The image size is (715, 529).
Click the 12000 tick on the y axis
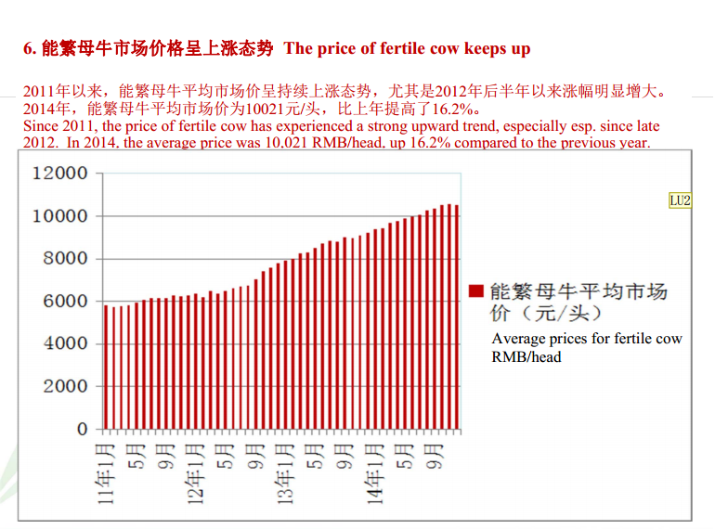point(60,174)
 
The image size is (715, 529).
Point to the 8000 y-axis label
point(65,259)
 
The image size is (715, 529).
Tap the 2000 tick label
point(65,387)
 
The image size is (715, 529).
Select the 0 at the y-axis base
point(83,430)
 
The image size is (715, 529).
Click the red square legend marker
point(476,290)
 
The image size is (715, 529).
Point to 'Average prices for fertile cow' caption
point(587,339)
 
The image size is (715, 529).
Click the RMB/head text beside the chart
point(526,356)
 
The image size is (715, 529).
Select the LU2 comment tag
point(681,200)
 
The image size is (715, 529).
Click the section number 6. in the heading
point(29,48)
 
